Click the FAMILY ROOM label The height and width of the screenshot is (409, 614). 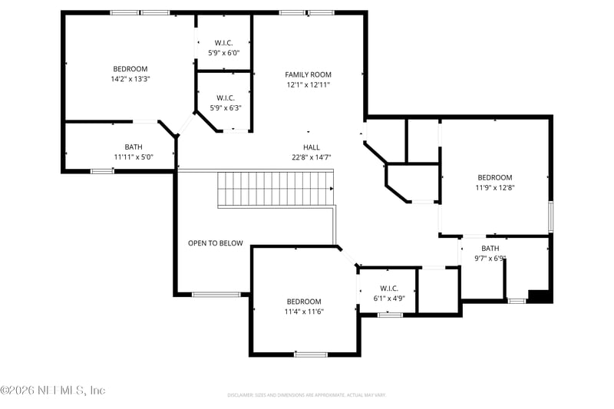tap(308, 74)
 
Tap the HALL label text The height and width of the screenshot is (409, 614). tap(311, 147)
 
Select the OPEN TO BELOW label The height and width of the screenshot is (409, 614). tap(215, 243)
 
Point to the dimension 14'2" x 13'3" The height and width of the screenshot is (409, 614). tap(130, 78)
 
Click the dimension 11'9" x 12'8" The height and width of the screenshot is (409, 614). tap(494, 186)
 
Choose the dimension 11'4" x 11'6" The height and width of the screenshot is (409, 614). tap(304, 312)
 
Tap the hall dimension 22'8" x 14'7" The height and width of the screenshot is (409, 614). tap(311, 157)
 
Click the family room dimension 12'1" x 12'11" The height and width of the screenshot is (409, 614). tap(308, 85)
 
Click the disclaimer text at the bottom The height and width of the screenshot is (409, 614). tap(306, 395)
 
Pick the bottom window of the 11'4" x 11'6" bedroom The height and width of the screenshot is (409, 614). tap(311, 354)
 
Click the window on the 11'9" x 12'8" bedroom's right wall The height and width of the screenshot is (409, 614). tap(550, 216)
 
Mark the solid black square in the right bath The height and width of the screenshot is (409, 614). tap(542, 296)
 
